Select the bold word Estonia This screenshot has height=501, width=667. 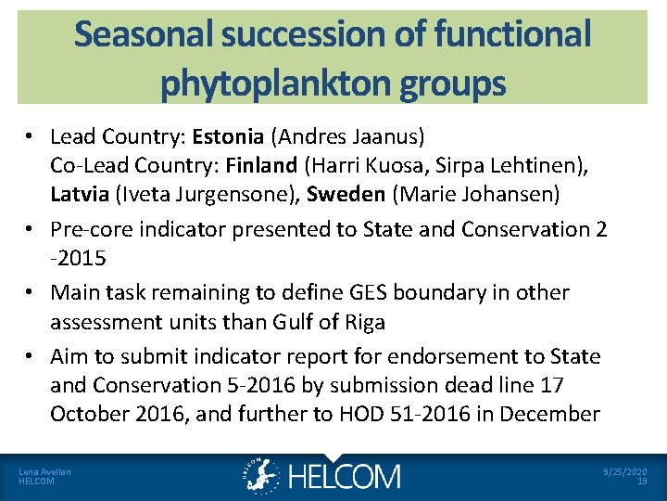click(228, 137)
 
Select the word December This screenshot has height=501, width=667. click(553, 414)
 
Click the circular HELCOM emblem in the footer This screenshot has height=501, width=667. click(262, 475)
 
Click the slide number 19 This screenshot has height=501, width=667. click(642, 482)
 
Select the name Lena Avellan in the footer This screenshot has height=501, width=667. click(44, 471)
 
